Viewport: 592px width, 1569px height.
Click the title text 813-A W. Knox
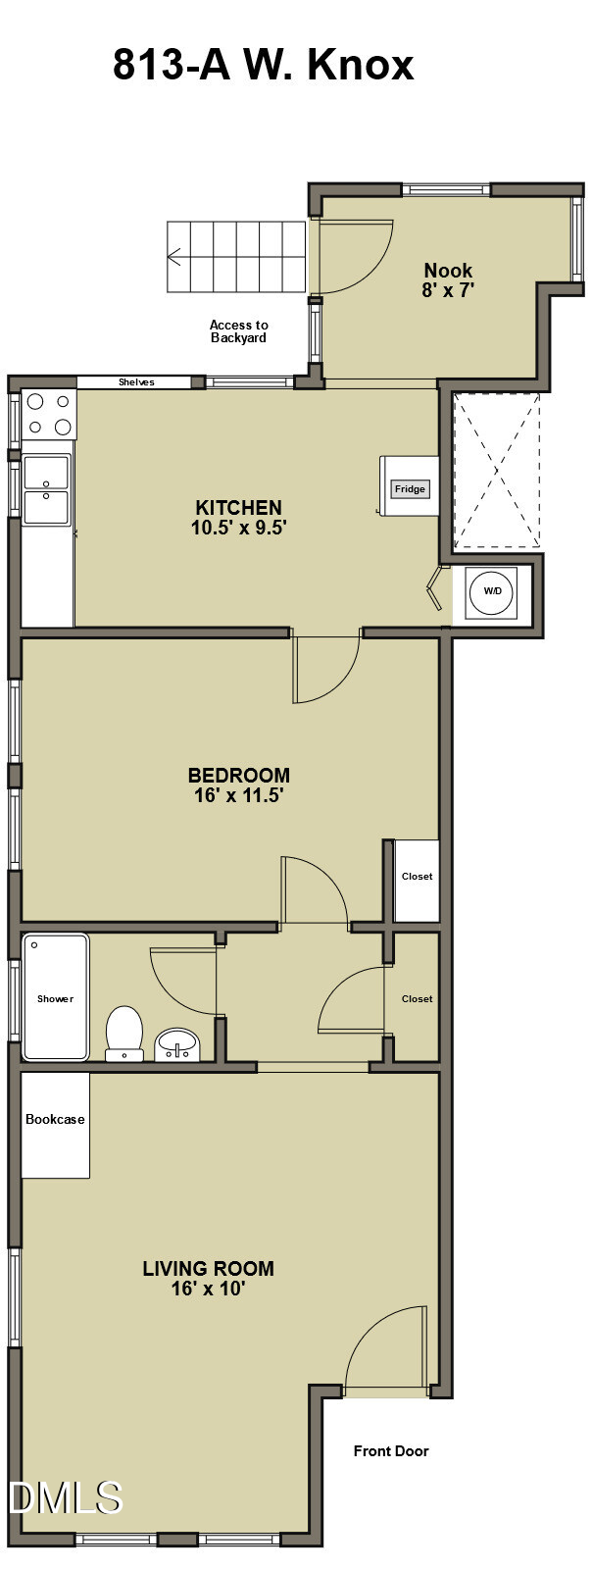[263, 66]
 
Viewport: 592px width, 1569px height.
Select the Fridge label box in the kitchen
[410, 488]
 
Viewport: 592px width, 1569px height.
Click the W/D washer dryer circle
[492, 590]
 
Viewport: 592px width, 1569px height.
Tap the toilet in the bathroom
[124, 1033]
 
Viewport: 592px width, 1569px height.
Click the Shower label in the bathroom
[55, 998]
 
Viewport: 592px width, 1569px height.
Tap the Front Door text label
[391, 1451]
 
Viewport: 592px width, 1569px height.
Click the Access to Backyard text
[238, 331]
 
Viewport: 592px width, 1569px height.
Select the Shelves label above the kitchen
[136, 382]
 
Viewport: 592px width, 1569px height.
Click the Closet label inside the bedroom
[417, 877]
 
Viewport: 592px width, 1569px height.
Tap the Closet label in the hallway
[417, 998]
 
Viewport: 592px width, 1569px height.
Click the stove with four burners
[49, 414]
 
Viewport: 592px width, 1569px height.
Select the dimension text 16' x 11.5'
[238, 795]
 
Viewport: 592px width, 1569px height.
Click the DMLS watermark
[65, 1498]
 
